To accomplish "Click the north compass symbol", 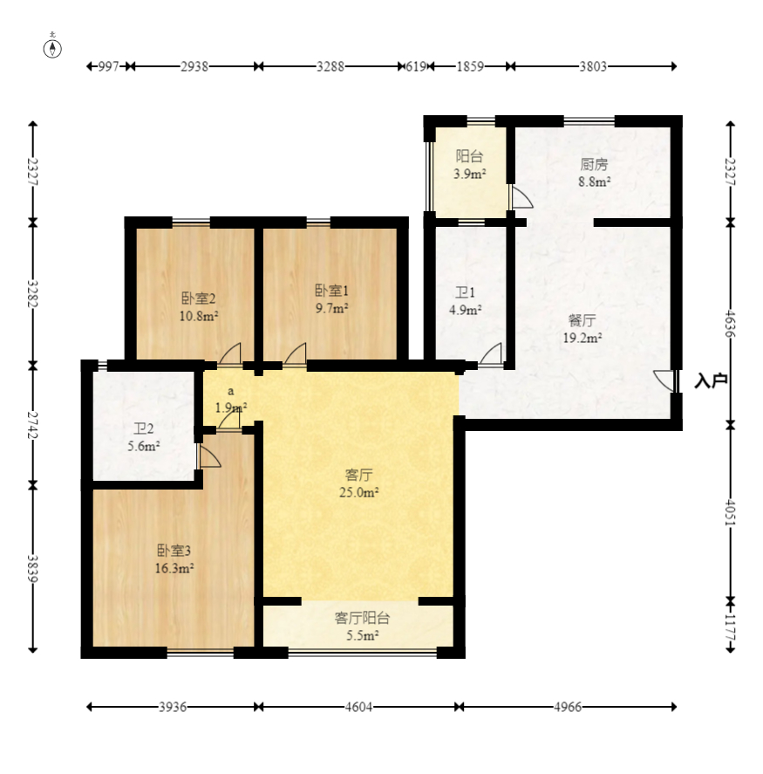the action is tap(52, 48).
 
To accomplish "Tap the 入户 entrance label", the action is tap(711, 381).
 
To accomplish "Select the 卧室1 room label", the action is tap(331, 291).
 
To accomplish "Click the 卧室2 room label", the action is tap(198, 298).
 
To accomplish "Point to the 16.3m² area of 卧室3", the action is tap(174, 568).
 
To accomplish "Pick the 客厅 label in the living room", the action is tap(358, 475).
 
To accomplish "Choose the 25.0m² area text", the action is tap(358, 492).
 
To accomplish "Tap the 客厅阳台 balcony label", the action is tap(363, 618).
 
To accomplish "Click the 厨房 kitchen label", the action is tap(594, 164).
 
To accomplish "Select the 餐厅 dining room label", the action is tap(582, 321).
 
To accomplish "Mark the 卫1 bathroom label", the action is tap(465, 292).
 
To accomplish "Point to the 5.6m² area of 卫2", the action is tap(144, 446).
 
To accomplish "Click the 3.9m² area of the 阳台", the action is tap(469, 174).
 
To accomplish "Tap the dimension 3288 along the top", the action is tap(330, 66).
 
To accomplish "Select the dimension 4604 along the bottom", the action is tap(358, 707).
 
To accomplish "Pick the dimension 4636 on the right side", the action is tap(731, 324).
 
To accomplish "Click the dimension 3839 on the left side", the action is tap(32, 569).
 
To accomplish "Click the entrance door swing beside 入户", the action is tap(664, 380).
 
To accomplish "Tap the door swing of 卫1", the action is tap(491, 355).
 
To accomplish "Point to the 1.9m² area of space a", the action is tap(231, 408).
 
